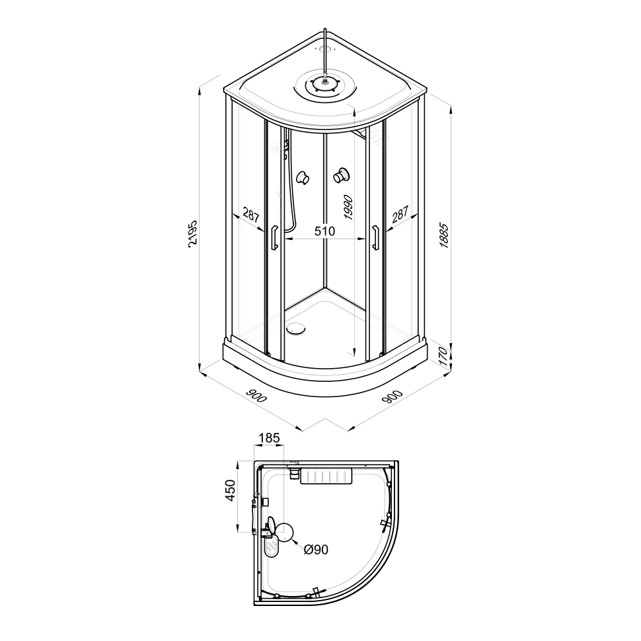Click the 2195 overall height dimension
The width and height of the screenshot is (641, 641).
point(193,233)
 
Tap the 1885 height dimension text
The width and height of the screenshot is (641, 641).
point(444,235)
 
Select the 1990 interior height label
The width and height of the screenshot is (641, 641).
point(348,207)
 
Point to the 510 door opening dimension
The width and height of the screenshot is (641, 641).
point(324,231)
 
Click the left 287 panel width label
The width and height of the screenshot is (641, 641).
point(251,215)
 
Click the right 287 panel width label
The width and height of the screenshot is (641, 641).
point(400,214)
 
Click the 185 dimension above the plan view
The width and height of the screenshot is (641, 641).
point(269,438)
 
